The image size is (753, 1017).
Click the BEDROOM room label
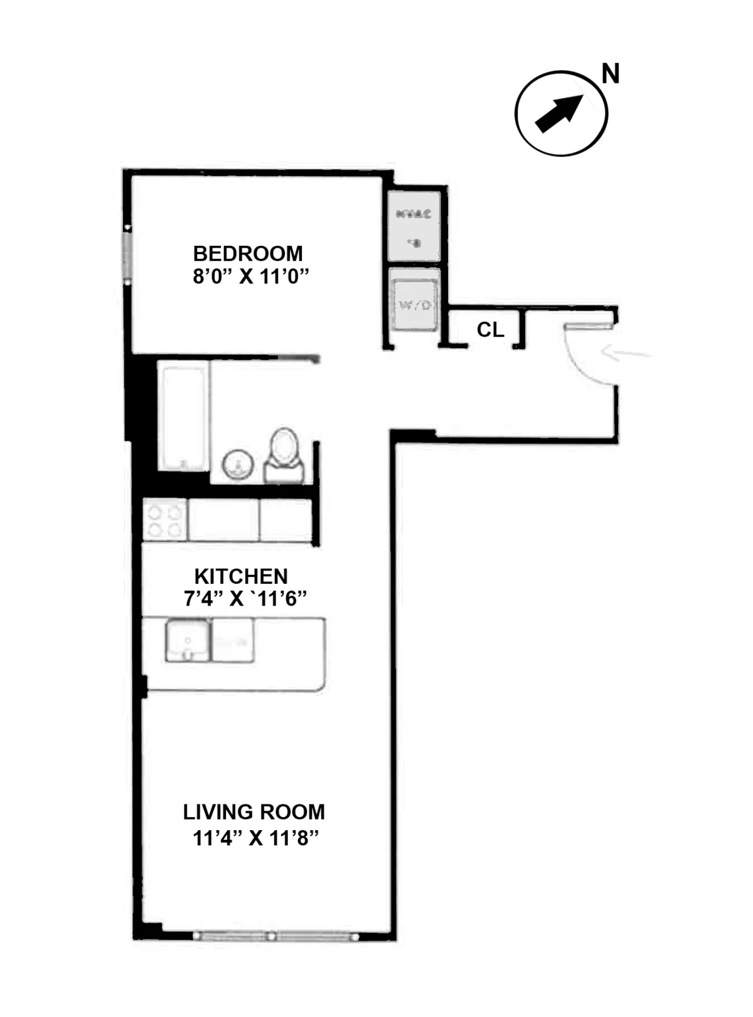pyautogui.click(x=248, y=253)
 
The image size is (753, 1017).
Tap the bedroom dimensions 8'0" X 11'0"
pyautogui.click(x=251, y=276)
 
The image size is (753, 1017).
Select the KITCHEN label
pyautogui.click(x=241, y=576)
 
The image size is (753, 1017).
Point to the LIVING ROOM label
pyautogui.click(x=254, y=812)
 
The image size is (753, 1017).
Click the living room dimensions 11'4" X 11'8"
pyautogui.click(x=255, y=838)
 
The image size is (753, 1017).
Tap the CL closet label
pyautogui.click(x=490, y=329)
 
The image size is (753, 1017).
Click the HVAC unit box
pyautogui.click(x=414, y=226)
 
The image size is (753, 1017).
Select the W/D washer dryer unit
pyautogui.click(x=414, y=305)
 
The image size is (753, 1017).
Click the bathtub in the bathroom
pyautogui.click(x=183, y=418)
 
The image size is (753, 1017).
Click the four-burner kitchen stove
pyautogui.click(x=165, y=520)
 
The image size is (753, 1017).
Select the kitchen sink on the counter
pyautogui.click(x=188, y=640)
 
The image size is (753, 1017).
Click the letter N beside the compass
pyautogui.click(x=610, y=74)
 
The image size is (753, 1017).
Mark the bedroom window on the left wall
pyautogui.click(x=127, y=255)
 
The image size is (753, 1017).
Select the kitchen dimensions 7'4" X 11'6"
pyautogui.click(x=245, y=599)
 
